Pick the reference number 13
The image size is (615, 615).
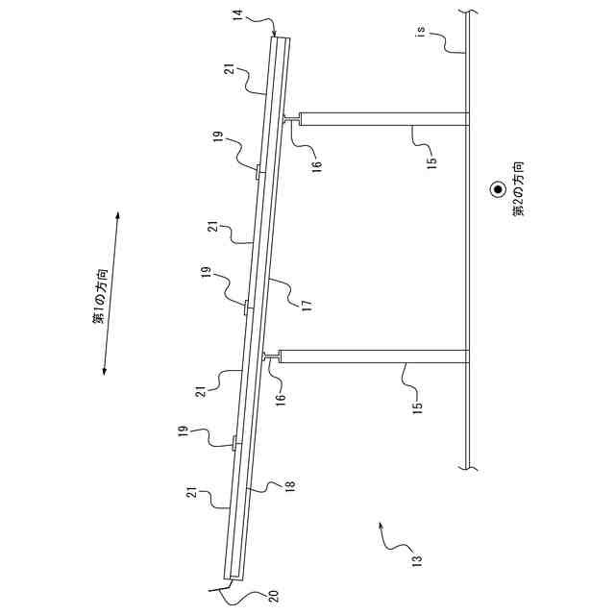(x=417, y=561)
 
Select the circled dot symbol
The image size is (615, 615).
(x=498, y=190)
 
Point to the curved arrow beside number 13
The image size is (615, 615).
(x=384, y=538)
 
